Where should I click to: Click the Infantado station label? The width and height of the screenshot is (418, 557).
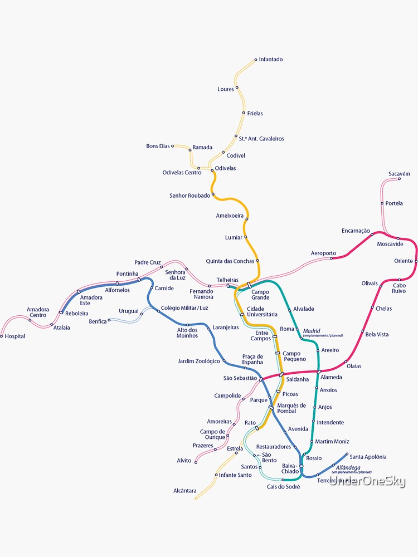[x=271, y=60]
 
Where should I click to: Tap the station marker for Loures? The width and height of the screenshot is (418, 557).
[x=236, y=87]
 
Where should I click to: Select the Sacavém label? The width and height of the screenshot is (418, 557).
[x=399, y=174]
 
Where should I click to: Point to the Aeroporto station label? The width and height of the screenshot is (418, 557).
[x=323, y=253]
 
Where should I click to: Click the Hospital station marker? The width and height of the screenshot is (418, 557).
[x=2, y=336]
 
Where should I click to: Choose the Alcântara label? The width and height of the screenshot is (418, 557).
[x=184, y=491]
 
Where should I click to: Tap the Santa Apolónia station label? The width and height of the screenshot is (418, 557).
[x=368, y=457]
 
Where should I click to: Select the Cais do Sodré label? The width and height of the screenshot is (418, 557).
[x=283, y=487]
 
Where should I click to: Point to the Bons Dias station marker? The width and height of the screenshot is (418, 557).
[x=173, y=146]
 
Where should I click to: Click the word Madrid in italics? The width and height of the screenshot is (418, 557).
[x=312, y=331]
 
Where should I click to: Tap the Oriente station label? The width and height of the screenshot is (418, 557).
[x=404, y=261]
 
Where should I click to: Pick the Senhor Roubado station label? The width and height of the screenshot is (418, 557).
[x=189, y=196]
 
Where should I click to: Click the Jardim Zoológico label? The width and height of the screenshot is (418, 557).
[x=199, y=361]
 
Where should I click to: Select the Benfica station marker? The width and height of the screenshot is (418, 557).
[x=109, y=320]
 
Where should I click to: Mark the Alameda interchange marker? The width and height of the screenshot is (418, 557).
[x=319, y=372]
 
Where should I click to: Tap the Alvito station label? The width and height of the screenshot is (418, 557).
[x=184, y=461]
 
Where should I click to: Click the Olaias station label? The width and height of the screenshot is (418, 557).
[x=354, y=366]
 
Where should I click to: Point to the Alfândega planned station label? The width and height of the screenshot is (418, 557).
[x=349, y=467]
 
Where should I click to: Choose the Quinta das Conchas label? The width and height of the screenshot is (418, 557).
[x=230, y=261]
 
